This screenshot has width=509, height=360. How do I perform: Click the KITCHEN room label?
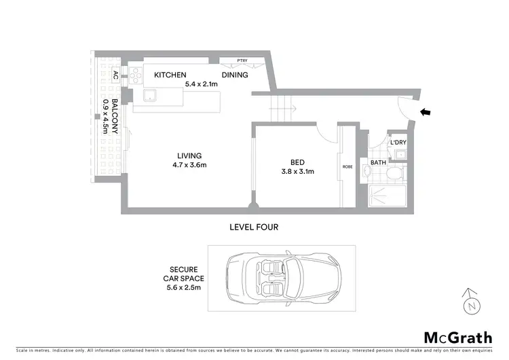[170, 75]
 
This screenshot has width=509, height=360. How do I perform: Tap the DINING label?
[236, 75]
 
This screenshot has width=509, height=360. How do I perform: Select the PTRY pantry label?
[242, 60]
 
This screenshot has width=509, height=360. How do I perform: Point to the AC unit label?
[116, 75]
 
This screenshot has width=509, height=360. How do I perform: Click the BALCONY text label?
[115, 117]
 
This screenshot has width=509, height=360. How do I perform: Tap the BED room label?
[297, 162]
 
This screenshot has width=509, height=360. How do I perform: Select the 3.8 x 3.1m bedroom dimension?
[297, 172]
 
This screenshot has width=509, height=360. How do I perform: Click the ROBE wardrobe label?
[347, 166]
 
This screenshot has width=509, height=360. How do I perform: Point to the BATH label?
[378, 163]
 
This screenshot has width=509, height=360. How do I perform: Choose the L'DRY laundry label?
[397, 142]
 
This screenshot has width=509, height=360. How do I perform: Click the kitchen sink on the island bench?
[150, 95]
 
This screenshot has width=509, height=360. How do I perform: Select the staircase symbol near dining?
[281, 108]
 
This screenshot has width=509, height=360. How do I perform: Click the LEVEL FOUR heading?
[254, 227]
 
